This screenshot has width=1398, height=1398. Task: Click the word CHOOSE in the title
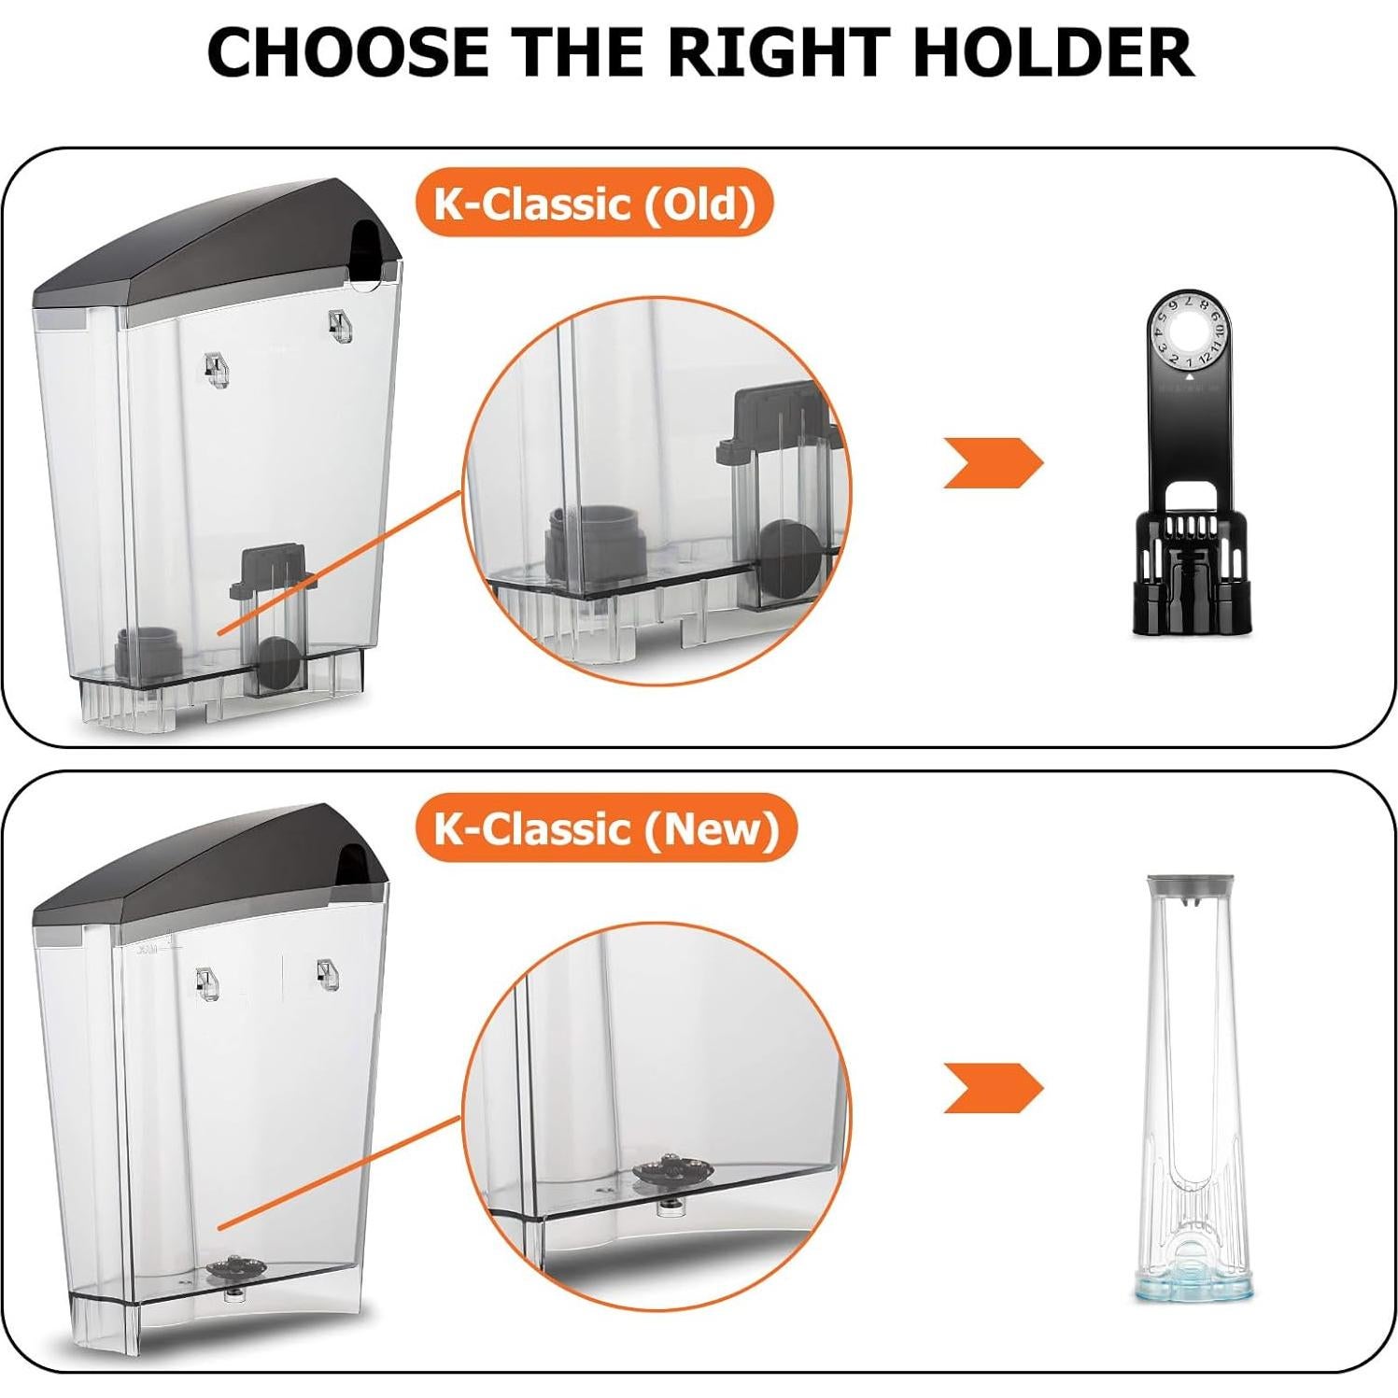[347, 52]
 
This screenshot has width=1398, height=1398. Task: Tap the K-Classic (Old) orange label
[594, 203]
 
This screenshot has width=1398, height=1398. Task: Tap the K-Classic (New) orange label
[606, 828]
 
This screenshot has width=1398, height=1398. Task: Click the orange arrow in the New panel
[992, 1088]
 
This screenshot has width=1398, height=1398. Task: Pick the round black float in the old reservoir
[278, 662]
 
